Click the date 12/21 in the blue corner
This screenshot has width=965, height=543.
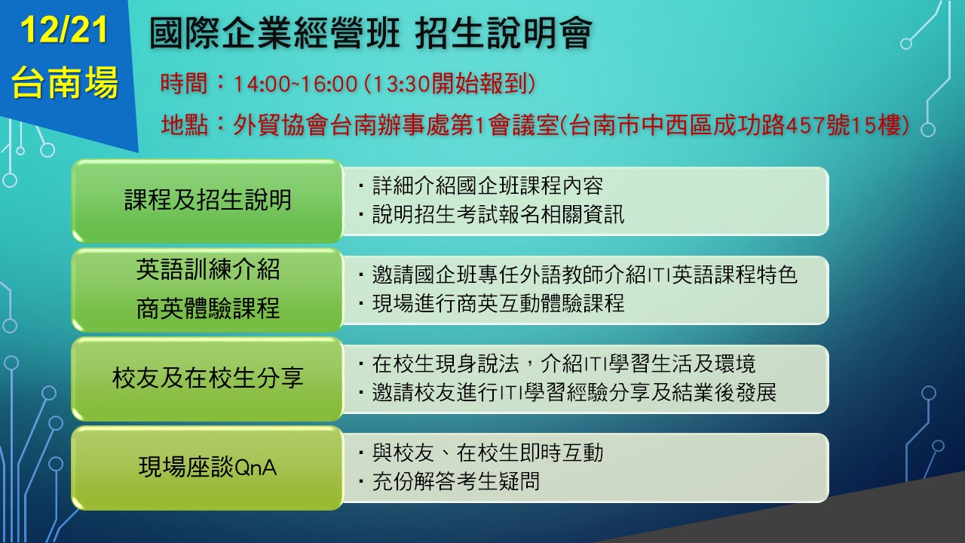coord(64,29)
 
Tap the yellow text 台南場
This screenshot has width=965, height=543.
coord(65,82)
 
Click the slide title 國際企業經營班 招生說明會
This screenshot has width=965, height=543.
coord(370,33)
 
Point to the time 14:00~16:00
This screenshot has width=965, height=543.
coord(295,84)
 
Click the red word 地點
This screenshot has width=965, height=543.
coord(185,125)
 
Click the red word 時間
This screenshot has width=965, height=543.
coord(184,84)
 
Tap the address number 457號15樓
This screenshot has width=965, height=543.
coord(843,125)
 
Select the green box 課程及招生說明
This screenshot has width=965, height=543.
coord(207,201)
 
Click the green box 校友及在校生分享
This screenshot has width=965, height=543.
coord(207,379)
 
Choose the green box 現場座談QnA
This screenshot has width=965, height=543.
coord(207,468)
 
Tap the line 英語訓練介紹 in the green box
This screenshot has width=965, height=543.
coord(208,270)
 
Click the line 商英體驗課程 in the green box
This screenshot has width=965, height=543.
coord(208,308)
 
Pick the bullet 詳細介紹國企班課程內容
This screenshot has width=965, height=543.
coord(487,186)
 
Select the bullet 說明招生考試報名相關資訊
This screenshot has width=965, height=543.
coord(498,215)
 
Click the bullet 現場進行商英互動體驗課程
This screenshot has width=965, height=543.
coord(498,303)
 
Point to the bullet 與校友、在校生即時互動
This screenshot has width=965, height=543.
coord(487,452)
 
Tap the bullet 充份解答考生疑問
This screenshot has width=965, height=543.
coord(456,481)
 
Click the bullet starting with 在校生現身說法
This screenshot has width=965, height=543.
coord(563,364)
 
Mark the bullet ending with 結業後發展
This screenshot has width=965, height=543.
coord(574,393)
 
